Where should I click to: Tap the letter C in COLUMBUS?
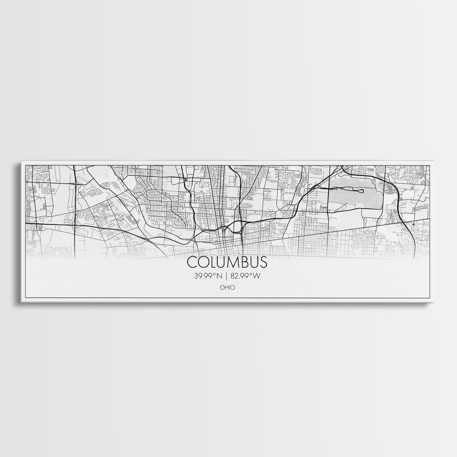click(x=191, y=262)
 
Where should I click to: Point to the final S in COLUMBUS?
click(x=264, y=262)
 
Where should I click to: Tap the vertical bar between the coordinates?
click(x=226, y=276)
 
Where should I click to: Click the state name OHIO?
click(x=228, y=287)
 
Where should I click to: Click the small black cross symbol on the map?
click(x=413, y=224)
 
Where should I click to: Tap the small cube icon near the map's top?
click(x=185, y=179)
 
